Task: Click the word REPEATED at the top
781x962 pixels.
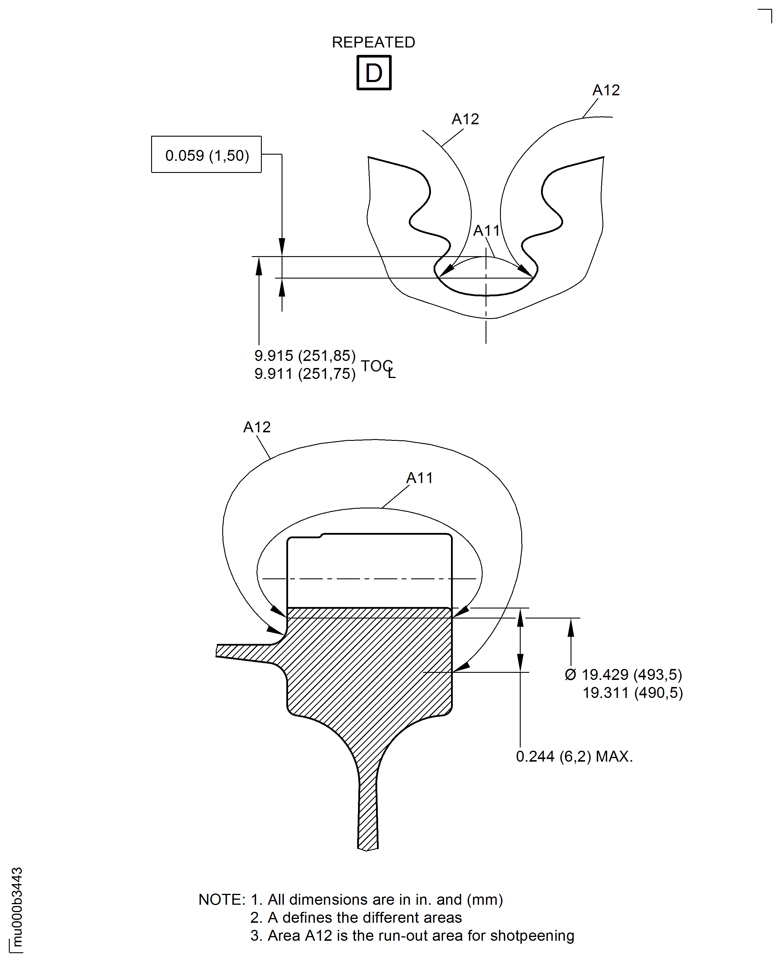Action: tap(373, 42)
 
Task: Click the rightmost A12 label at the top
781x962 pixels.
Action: tap(606, 90)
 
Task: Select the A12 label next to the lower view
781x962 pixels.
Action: tap(256, 427)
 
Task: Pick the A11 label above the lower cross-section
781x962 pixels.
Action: tap(419, 478)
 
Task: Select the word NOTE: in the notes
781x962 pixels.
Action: tap(222, 899)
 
